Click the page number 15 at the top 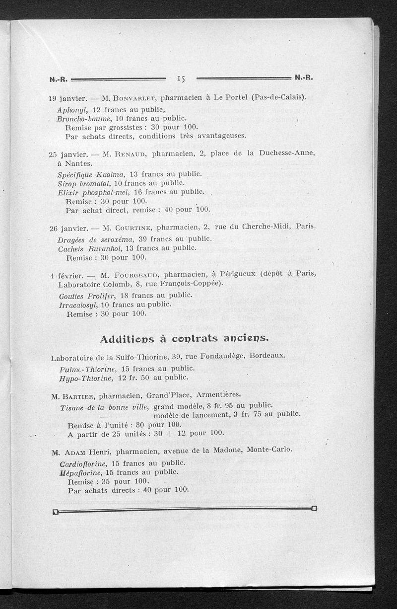point(180,78)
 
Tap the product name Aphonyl point(72,109)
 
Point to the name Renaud point(131,154)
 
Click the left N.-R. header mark point(58,78)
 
